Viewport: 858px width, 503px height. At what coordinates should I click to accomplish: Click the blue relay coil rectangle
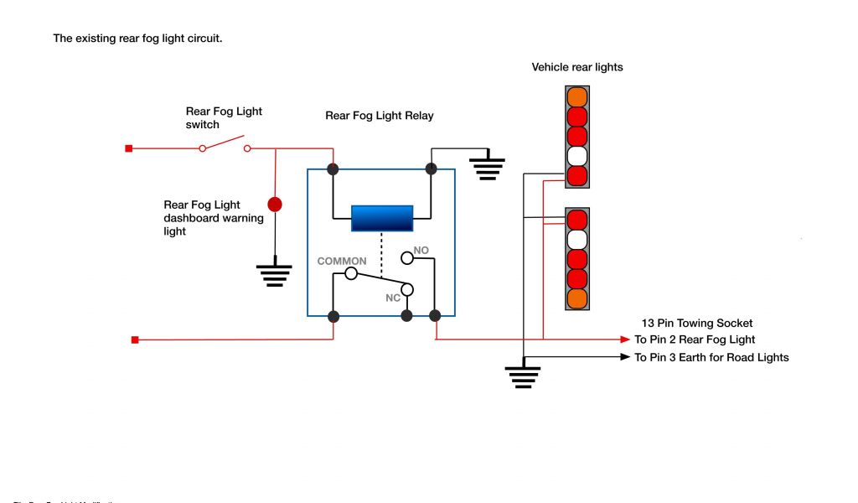(381, 217)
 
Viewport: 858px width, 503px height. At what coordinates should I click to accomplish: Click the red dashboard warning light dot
(274, 204)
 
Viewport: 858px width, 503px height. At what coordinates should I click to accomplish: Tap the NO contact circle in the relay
(407, 257)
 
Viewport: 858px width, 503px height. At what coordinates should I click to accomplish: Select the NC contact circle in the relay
(407, 290)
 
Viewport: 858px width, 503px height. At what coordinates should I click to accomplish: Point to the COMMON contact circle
(351, 273)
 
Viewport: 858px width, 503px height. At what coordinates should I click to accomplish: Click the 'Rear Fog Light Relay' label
(380, 116)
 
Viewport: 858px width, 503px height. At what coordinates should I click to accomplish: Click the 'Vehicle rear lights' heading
(577, 67)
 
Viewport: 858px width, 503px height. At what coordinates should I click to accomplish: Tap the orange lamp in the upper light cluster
(577, 96)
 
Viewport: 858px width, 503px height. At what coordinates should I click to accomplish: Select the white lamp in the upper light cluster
(577, 156)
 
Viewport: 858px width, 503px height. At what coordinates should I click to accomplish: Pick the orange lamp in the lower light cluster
(577, 298)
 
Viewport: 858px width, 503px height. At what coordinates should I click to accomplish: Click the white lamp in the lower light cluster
(577, 239)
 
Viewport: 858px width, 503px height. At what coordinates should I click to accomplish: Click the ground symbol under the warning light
(274, 275)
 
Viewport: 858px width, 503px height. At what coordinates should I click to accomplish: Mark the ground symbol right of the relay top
(486, 167)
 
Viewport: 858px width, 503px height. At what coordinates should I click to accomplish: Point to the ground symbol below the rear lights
(523, 376)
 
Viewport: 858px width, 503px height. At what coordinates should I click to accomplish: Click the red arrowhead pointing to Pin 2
(625, 340)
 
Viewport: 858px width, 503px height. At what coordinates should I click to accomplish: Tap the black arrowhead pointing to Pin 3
(625, 357)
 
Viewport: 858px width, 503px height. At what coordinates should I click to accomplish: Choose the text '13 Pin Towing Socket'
(697, 323)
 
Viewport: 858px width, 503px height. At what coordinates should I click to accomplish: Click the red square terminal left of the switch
(128, 149)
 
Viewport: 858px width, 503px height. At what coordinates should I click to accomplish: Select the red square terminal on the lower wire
(134, 340)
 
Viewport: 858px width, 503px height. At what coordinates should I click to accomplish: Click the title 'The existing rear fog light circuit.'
(137, 39)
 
